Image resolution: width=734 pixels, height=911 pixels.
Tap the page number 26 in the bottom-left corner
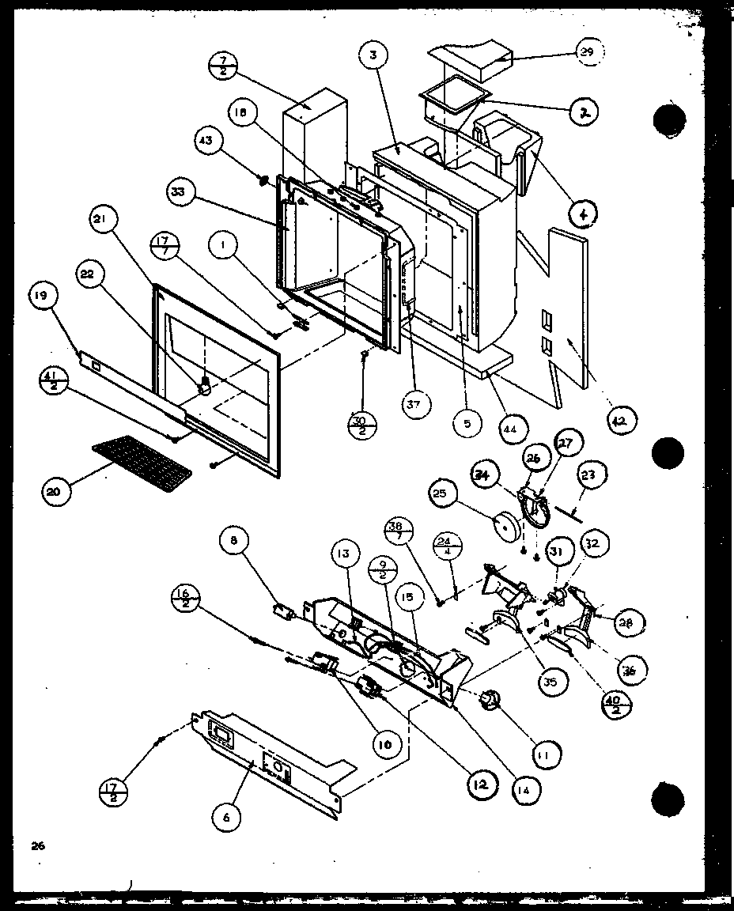(x=37, y=845)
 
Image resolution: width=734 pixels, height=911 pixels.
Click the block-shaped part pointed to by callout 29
(x=470, y=58)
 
